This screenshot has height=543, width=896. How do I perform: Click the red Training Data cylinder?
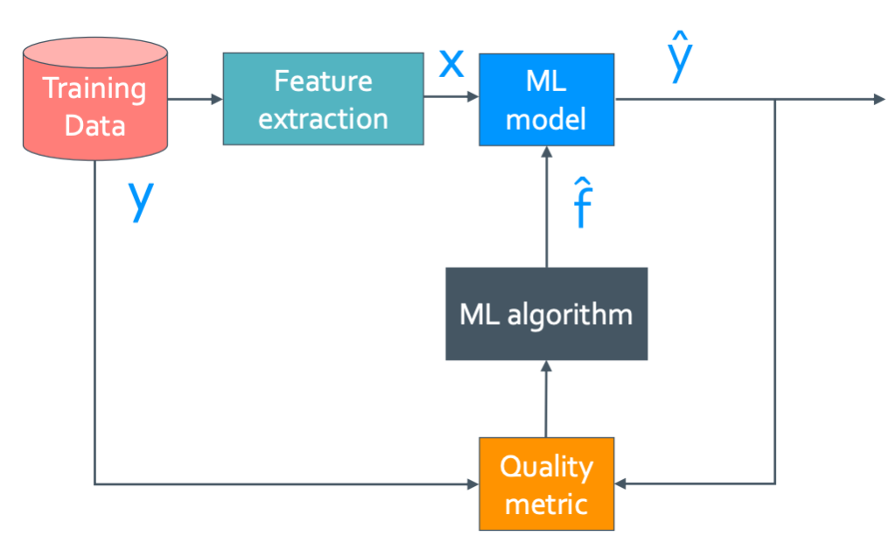tap(94, 99)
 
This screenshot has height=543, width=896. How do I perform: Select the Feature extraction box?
tap(324, 99)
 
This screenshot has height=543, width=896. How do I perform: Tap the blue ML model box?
tap(547, 100)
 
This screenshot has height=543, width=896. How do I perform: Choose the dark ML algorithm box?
tap(547, 314)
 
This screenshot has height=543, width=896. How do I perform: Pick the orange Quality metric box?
tap(547, 484)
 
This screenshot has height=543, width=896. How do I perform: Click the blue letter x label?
tap(451, 63)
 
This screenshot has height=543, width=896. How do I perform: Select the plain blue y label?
tap(141, 199)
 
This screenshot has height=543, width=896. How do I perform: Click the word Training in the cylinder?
tap(94, 89)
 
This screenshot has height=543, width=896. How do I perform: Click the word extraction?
tap(324, 119)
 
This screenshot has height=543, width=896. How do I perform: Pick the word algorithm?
tap(570, 315)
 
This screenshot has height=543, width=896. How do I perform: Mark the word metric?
tap(547, 504)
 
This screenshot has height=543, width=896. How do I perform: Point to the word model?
tap(546, 120)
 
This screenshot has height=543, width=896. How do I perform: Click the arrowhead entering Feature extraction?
tap(217, 99)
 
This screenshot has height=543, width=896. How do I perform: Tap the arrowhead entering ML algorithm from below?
tap(546, 366)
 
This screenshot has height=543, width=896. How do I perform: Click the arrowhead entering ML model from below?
tap(547, 152)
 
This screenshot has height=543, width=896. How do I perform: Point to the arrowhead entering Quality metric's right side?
tap(621, 484)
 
